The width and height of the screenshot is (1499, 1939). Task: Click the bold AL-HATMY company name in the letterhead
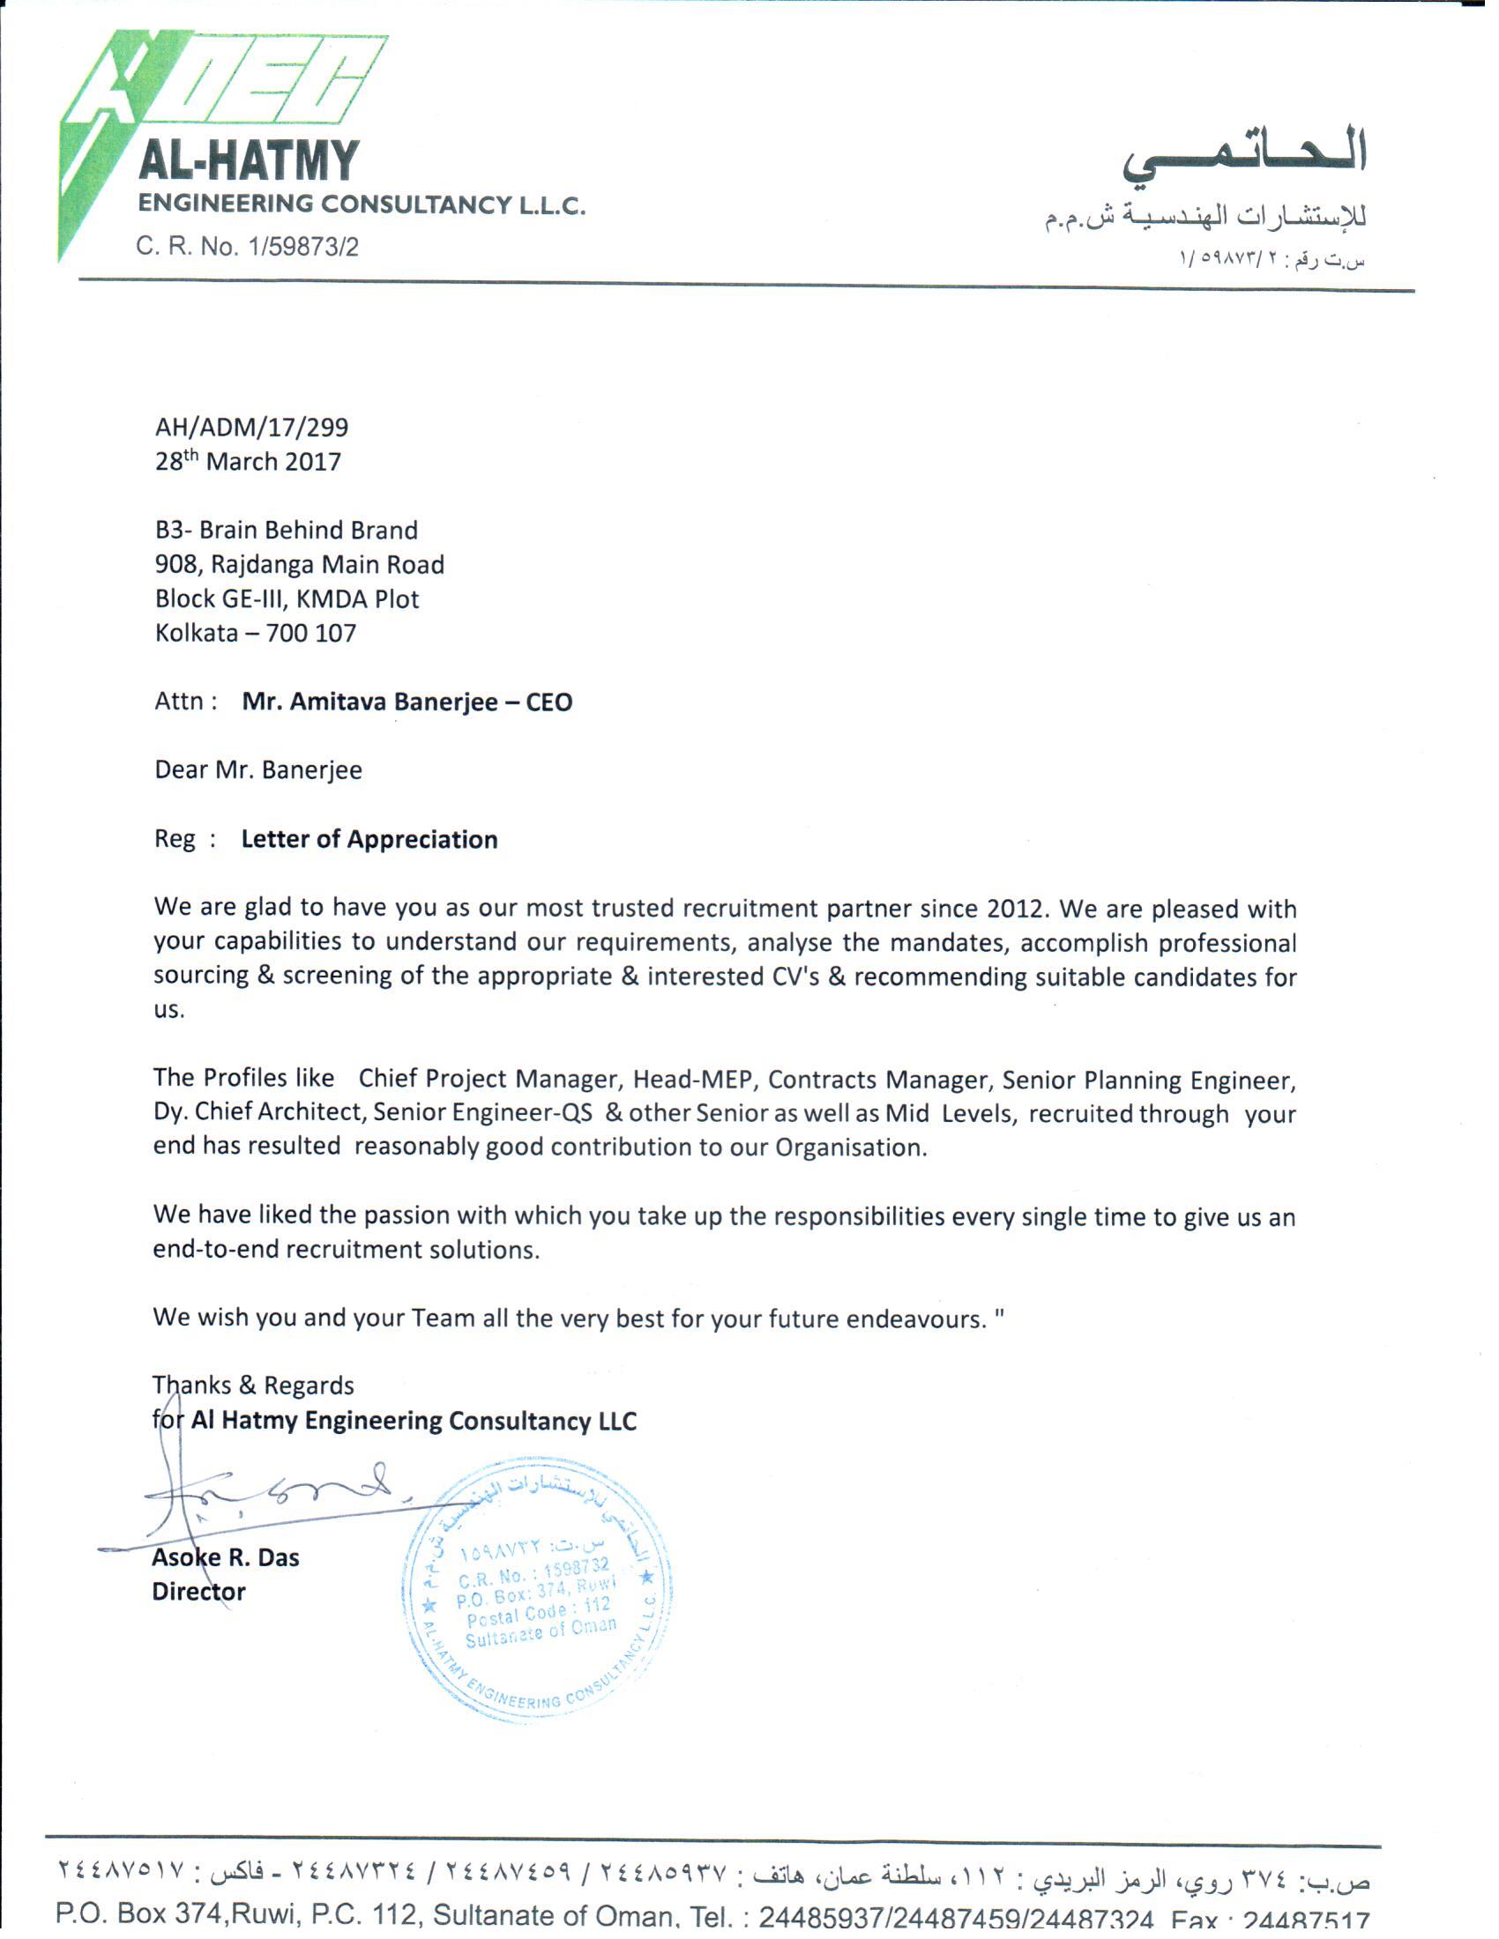click(x=249, y=161)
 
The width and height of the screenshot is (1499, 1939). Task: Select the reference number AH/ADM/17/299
click(x=251, y=427)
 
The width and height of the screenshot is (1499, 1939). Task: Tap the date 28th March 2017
click(x=248, y=462)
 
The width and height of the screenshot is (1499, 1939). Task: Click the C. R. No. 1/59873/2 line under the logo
click(x=247, y=246)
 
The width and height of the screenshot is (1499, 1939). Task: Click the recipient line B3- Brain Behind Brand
click(x=286, y=530)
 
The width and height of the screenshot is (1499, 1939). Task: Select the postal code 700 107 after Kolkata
click(x=310, y=633)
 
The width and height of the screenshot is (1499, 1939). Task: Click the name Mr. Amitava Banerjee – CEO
click(x=406, y=702)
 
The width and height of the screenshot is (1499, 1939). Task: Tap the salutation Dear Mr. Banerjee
click(x=258, y=769)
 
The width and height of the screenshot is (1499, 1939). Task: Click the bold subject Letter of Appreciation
click(x=369, y=839)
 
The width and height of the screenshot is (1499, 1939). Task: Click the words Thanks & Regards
click(x=253, y=1385)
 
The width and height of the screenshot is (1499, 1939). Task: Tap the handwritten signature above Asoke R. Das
click(x=275, y=1496)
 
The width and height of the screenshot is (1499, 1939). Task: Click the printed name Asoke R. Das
click(x=226, y=1557)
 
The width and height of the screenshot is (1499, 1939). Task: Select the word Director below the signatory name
click(x=198, y=1591)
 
